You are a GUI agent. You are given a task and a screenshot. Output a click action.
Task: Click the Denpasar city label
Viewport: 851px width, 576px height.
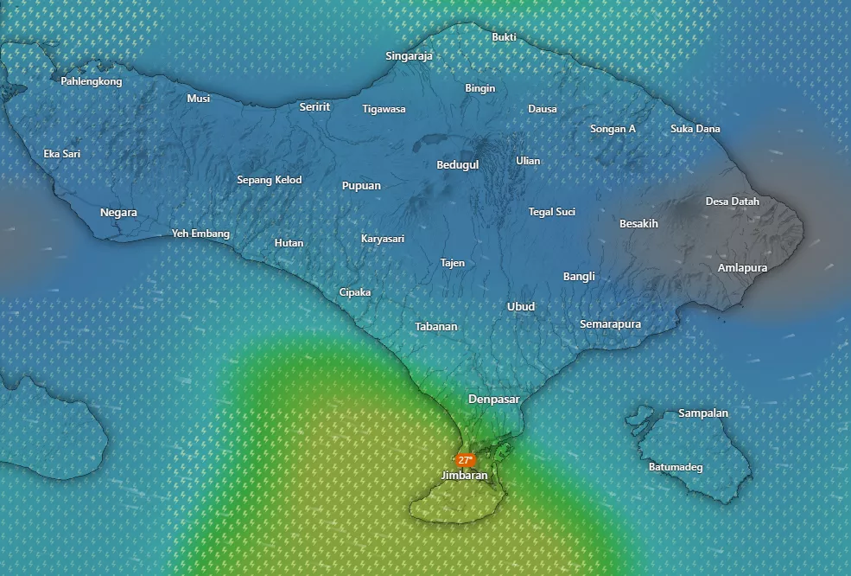click(494, 399)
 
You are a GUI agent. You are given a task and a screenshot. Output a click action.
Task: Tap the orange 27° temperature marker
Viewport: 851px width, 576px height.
click(466, 460)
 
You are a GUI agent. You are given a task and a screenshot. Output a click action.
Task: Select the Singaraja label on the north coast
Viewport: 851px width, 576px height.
click(410, 56)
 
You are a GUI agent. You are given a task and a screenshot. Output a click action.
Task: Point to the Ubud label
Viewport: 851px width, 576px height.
click(521, 306)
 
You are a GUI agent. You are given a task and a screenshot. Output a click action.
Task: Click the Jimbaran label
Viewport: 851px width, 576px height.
click(464, 475)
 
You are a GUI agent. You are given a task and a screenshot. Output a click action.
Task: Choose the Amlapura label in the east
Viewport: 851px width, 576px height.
click(742, 267)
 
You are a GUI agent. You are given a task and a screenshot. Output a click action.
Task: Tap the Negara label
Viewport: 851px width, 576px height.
click(118, 213)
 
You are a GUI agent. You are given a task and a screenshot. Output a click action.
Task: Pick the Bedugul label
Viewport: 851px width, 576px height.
click(458, 164)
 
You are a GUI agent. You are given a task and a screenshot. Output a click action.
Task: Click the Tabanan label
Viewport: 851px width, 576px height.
click(436, 326)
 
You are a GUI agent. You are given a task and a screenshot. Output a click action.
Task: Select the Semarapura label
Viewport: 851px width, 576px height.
click(610, 323)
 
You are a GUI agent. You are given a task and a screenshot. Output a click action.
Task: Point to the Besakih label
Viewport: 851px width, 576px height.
click(638, 223)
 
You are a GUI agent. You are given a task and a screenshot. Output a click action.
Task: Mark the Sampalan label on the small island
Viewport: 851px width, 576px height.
click(703, 413)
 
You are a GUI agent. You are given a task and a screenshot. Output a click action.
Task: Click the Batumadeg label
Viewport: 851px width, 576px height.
click(676, 467)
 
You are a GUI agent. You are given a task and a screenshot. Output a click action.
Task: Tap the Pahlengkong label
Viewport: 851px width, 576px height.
click(92, 81)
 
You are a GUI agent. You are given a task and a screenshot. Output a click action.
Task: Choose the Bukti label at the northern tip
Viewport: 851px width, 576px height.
click(505, 37)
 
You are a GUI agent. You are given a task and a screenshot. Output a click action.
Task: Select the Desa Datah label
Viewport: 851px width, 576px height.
click(733, 202)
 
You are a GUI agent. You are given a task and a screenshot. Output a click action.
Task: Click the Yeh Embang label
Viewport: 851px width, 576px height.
click(200, 234)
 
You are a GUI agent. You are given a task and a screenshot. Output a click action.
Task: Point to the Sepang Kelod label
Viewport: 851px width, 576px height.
click(270, 180)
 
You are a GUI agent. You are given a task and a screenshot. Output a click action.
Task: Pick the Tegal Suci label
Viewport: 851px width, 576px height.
click(552, 211)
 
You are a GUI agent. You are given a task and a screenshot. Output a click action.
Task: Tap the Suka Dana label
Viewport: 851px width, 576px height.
click(695, 129)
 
